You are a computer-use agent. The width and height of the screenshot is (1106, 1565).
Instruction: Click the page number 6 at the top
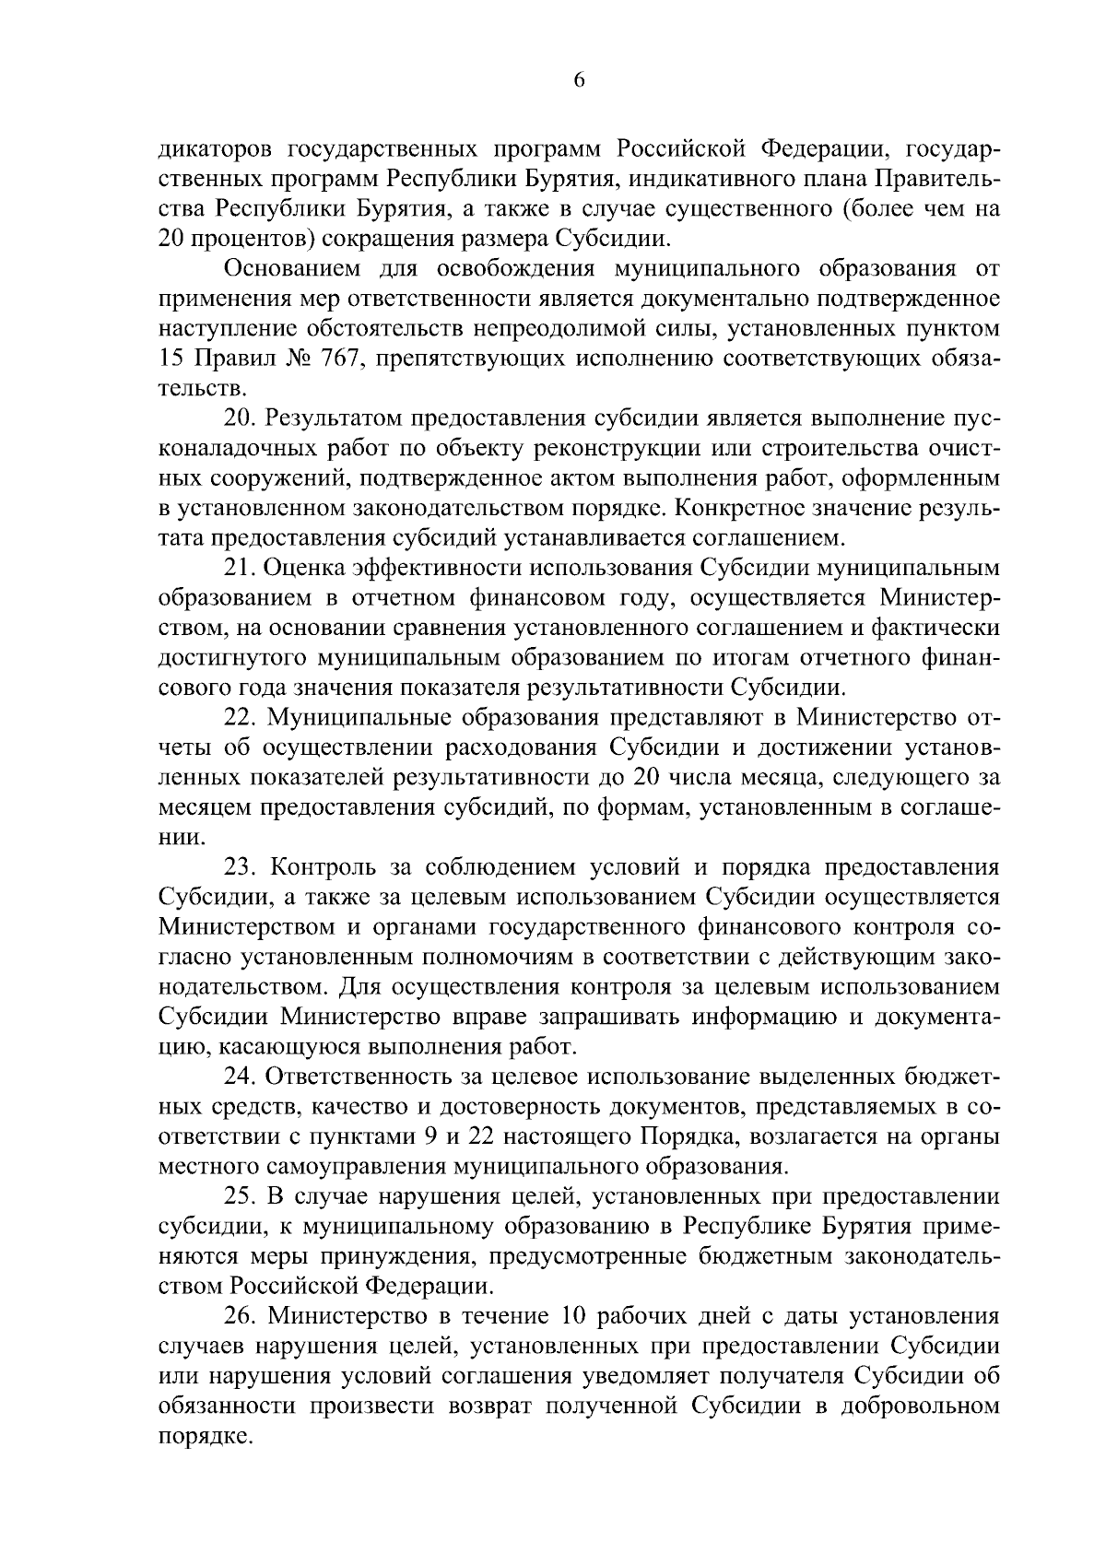(x=579, y=80)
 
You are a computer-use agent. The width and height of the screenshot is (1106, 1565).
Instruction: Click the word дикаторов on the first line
(x=216, y=149)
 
